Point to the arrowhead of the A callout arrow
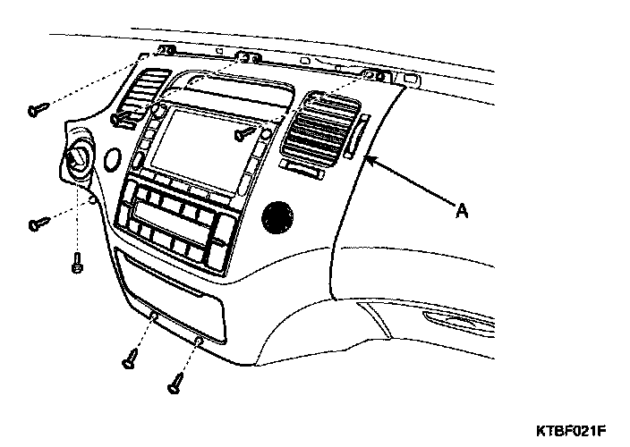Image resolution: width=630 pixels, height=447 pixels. tap(366, 160)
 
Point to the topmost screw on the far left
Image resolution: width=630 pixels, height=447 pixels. tap(37, 110)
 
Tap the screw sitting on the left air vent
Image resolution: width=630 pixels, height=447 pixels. tap(120, 118)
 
